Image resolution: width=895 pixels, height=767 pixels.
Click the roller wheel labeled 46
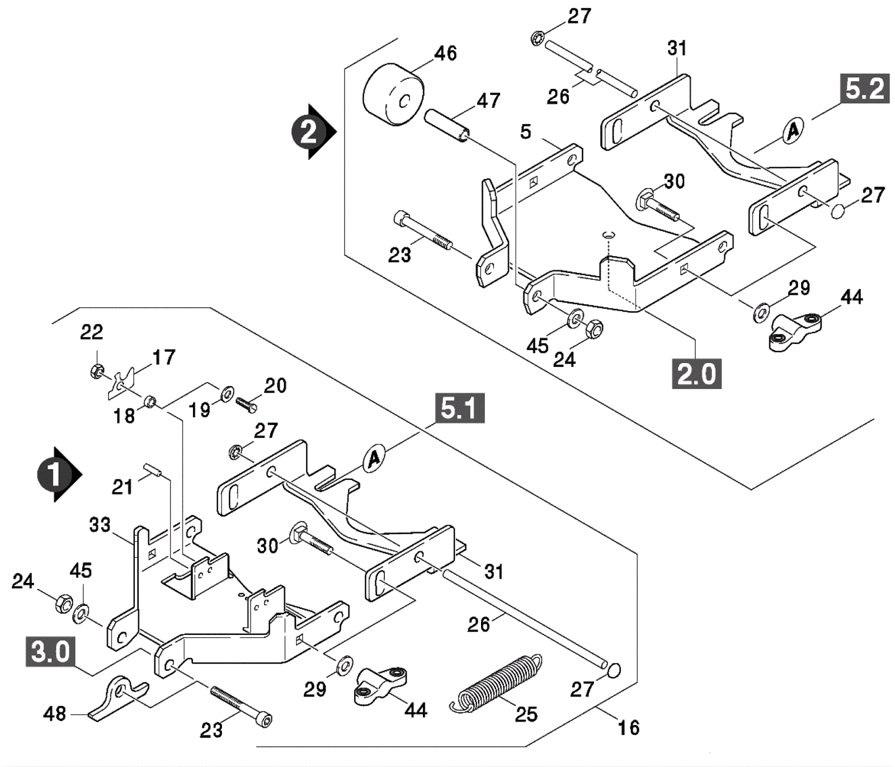[x=393, y=96]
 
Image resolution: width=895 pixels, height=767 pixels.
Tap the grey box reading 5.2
[x=865, y=88]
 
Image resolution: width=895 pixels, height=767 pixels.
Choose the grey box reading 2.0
[x=696, y=373]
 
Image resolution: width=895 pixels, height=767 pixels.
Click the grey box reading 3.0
[x=50, y=651]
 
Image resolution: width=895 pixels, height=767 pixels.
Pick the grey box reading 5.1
[x=459, y=408]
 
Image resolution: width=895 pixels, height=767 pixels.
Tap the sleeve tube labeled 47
[x=446, y=125]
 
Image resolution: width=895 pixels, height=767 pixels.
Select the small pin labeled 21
[x=153, y=470]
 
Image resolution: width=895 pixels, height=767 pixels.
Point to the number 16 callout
[x=628, y=728]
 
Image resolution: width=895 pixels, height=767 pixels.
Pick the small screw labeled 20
[x=246, y=404]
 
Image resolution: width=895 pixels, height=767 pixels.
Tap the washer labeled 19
[x=227, y=393]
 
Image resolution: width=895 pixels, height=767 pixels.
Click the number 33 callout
[x=100, y=525]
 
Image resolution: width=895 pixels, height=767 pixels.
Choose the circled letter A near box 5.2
[x=793, y=131]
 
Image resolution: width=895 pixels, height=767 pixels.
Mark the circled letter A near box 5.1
[x=374, y=459]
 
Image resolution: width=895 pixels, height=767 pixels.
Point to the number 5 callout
[x=525, y=132]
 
